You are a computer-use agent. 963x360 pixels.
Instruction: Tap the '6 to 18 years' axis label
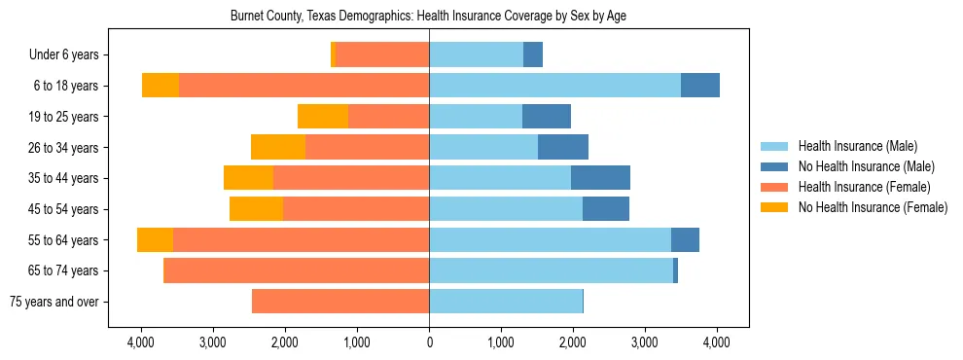pos(66,86)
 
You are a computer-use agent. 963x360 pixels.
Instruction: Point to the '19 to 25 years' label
pos(64,117)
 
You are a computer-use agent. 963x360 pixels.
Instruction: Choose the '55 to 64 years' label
pos(64,240)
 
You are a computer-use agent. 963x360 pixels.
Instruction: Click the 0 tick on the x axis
pos(429,342)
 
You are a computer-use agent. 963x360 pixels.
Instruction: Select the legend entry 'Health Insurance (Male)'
pos(857,146)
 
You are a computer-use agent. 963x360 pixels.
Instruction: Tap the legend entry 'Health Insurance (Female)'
pos(864,187)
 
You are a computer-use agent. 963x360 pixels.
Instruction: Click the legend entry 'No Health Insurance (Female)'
pos(872,207)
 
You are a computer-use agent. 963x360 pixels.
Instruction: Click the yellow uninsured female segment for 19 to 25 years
pos(323,117)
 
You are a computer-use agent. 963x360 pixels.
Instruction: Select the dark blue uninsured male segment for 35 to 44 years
pos(600,178)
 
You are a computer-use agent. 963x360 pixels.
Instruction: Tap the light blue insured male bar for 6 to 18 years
pos(554,86)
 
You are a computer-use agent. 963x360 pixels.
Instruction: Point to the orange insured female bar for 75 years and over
pos(340,302)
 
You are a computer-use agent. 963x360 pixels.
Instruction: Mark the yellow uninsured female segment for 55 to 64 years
pos(155,240)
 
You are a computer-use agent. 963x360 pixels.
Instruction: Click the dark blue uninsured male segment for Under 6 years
pos(533,55)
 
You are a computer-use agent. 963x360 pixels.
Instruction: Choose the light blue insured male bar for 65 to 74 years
pos(551,270)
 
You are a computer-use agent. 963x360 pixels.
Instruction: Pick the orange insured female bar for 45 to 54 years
pos(356,209)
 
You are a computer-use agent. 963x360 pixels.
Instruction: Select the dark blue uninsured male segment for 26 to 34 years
pos(563,148)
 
